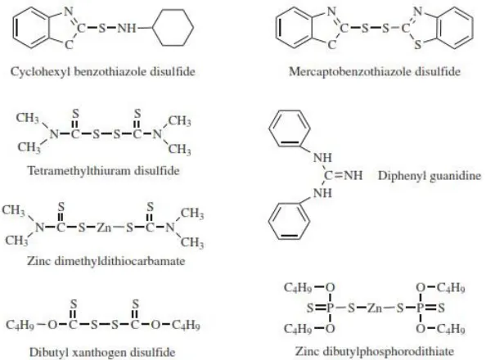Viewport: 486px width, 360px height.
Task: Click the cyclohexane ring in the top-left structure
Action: (x=154, y=28)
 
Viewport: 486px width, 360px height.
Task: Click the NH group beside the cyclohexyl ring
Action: (x=127, y=29)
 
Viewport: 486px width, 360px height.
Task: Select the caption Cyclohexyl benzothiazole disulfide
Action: (x=103, y=72)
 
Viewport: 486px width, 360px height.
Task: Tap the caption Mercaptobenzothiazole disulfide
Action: (x=375, y=72)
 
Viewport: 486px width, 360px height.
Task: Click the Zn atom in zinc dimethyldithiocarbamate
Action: (x=104, y=228)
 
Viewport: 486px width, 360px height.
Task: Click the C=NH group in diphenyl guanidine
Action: (x=343, y=176)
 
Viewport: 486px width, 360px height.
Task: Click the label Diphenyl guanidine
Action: (x=430, y=176)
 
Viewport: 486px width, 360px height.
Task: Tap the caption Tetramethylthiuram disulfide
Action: (x=104, y=170)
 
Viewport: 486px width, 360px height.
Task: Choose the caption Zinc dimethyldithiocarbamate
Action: (x=106, y=261)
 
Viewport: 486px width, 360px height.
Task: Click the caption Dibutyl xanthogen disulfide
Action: (x=102, y=353)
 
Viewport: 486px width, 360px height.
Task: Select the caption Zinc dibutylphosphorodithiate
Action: (x=375, y=351)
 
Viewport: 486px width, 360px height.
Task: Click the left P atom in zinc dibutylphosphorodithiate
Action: (x=330, y=308)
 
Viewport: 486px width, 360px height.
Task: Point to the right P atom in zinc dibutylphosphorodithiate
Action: (x=420, y=308)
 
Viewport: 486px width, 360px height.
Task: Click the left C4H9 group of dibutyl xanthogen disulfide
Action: (x=20, y=325)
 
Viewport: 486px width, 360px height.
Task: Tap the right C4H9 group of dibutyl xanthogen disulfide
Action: (x=186, y=325)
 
